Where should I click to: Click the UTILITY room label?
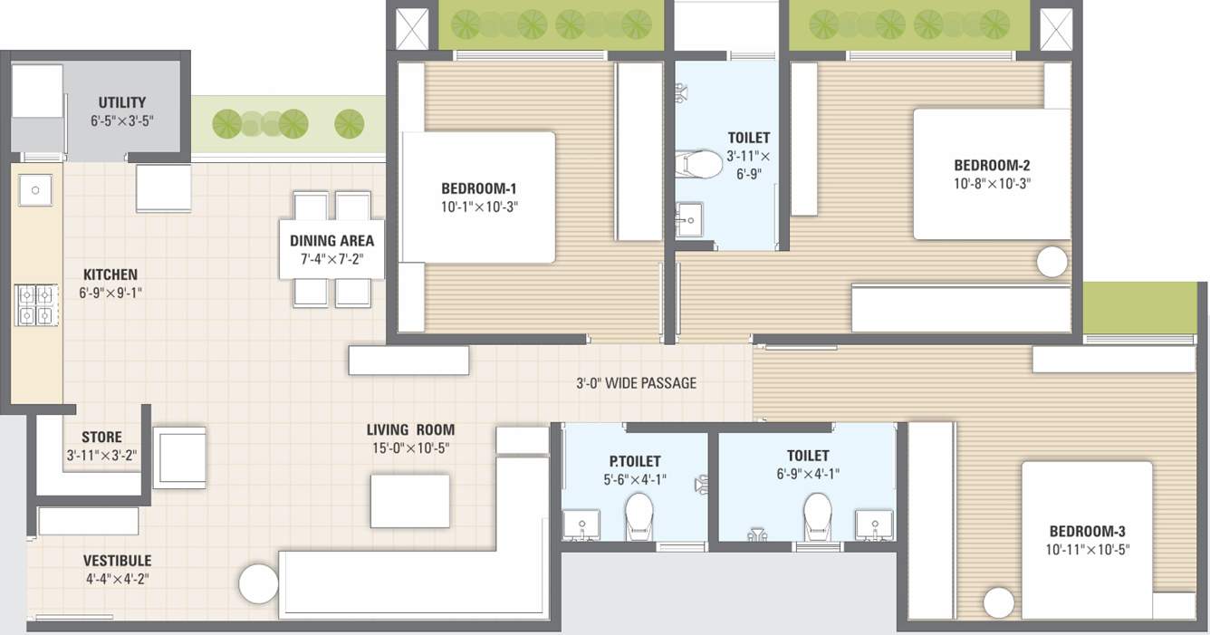[x=121, y=102]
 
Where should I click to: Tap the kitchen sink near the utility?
[x=35, y=190]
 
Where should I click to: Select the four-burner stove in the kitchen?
[x=35, y=304]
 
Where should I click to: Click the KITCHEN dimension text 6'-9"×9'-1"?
[x=111, y=293]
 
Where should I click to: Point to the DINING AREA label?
[x=331, y=241]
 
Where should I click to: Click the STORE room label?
[x=101, y=437]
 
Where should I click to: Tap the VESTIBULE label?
[x=118, y=561]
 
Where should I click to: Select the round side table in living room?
[x=258, y=583]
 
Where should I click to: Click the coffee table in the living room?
[x=409, y=501]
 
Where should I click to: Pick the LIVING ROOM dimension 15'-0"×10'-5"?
[x=410, y=448]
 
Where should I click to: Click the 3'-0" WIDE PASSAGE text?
[x=637, y=383]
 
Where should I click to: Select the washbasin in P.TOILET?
[x=580, y=523]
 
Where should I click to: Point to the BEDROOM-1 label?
[x=479, y=188]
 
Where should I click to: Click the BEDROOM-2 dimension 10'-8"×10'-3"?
[x=992, y=183]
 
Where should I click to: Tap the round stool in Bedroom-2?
[x=1052, y=262]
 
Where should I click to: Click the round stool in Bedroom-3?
[x=998, y=602]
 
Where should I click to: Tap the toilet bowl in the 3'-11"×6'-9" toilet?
[x=699, y=164]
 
